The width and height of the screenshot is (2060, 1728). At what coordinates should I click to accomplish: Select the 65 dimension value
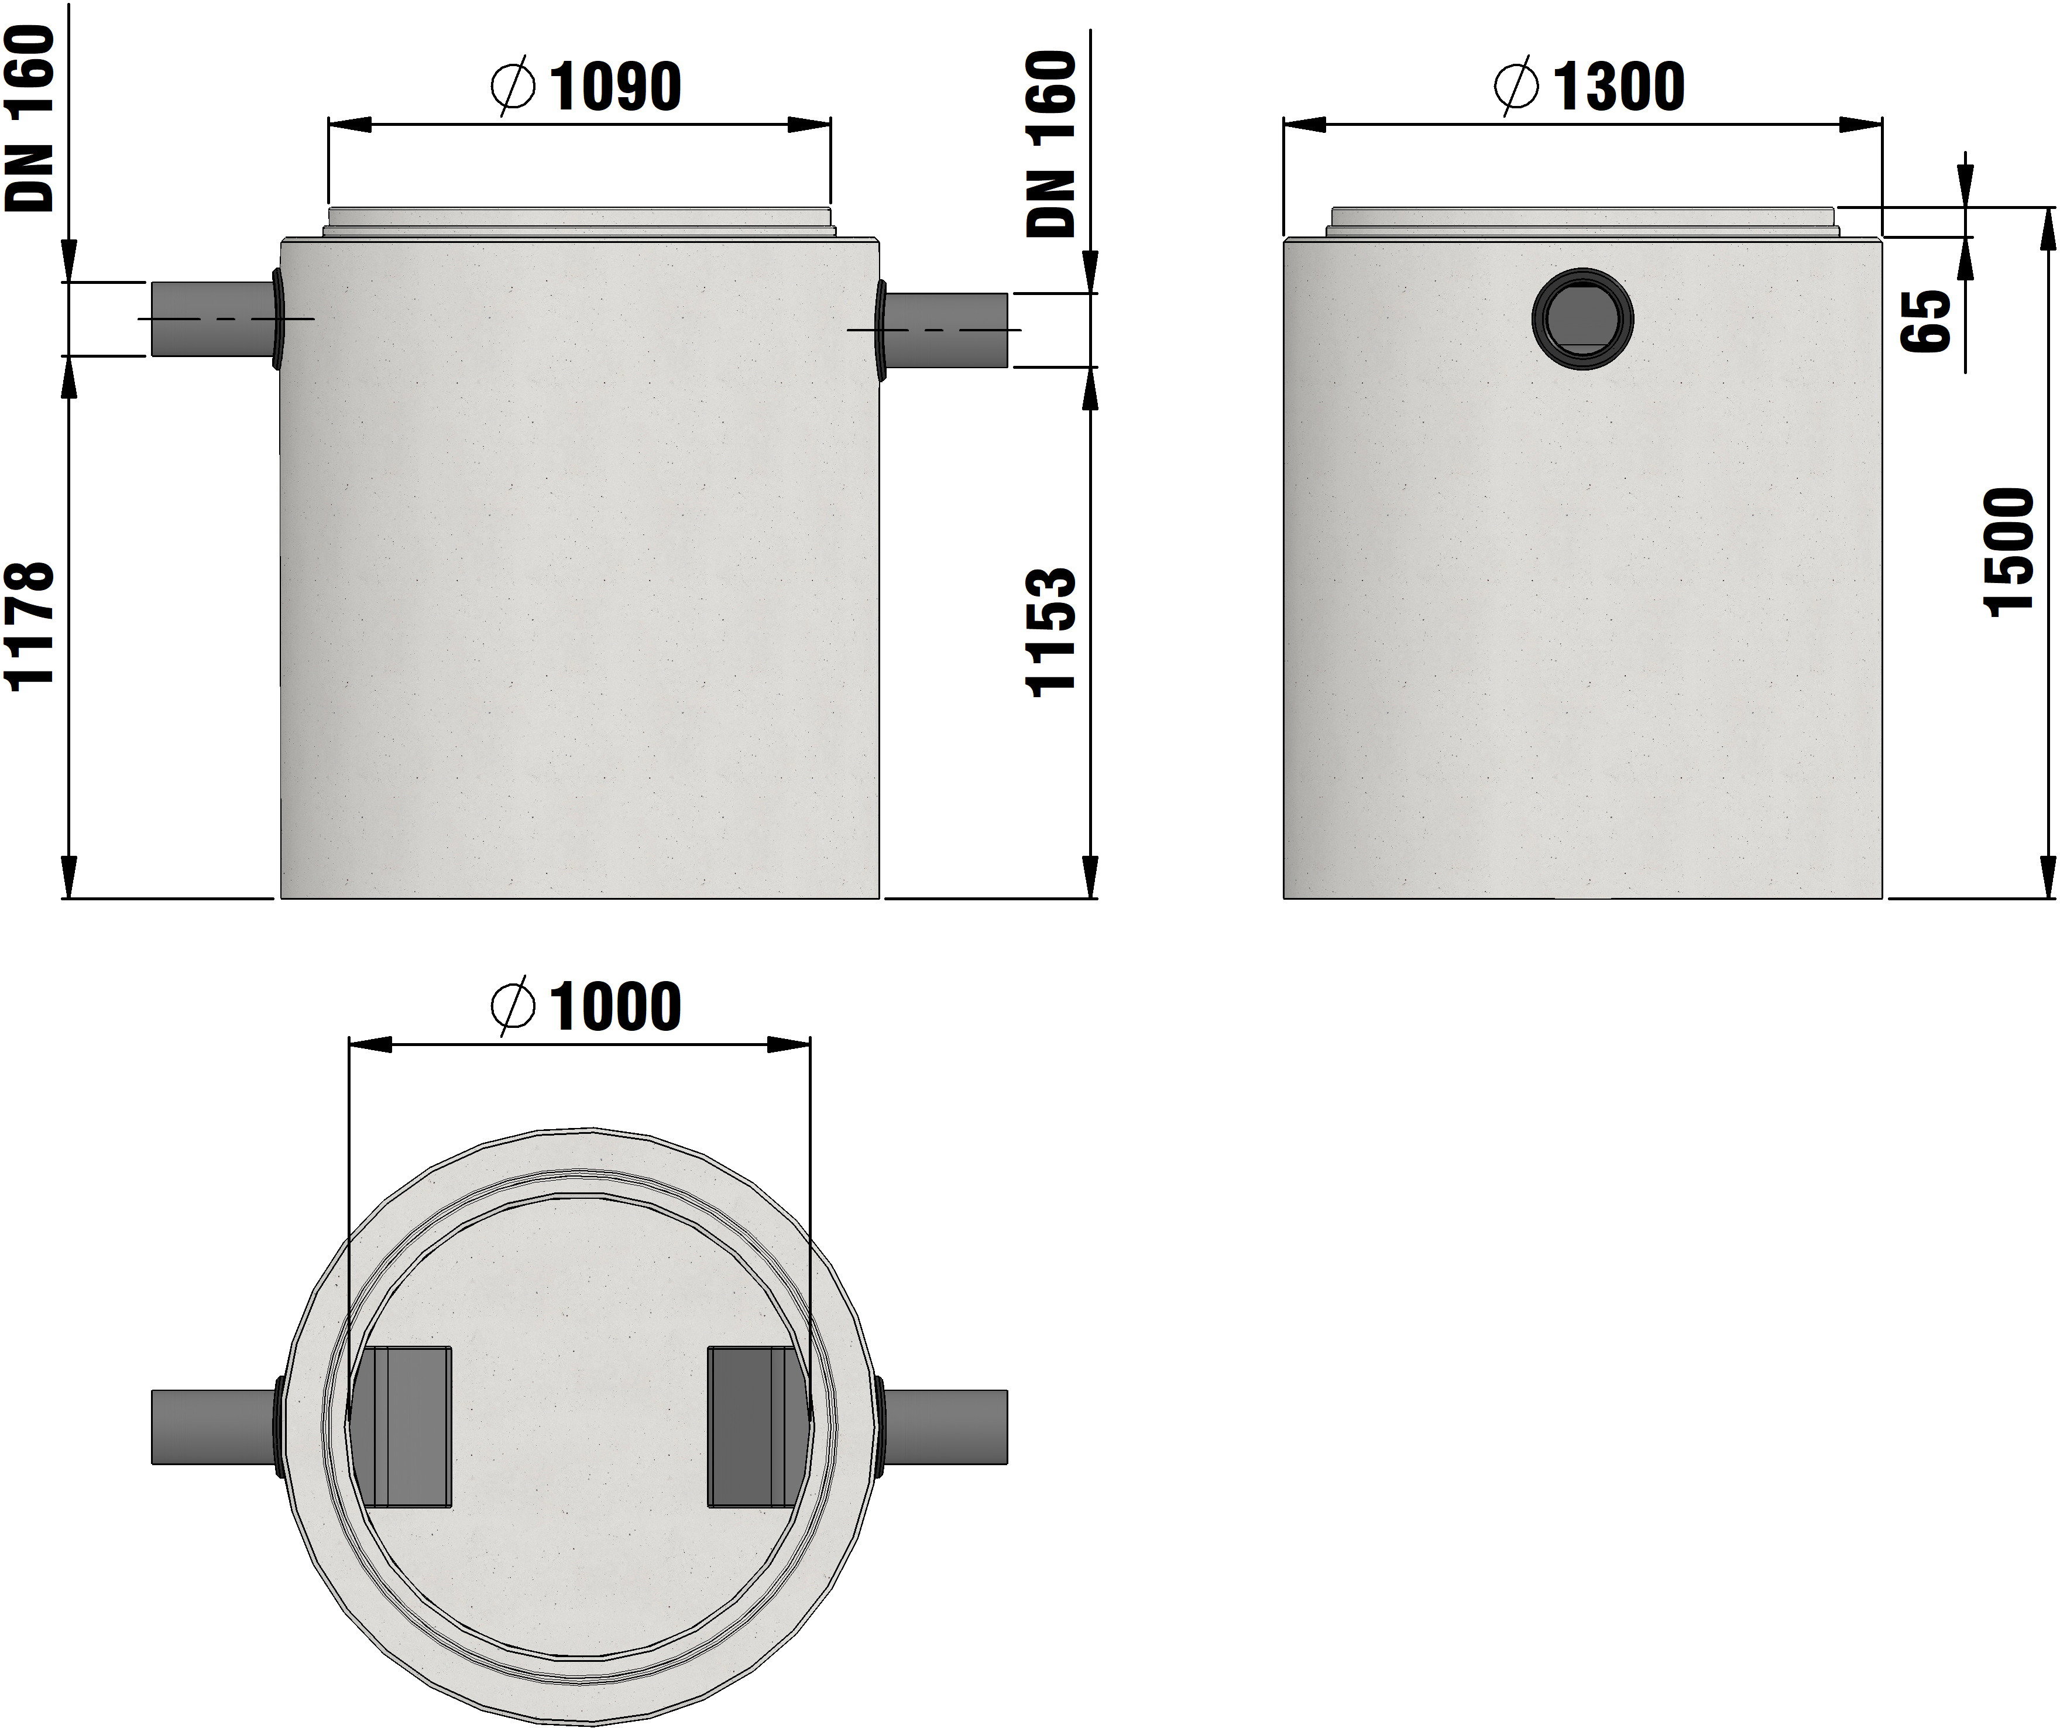(x=1925, y=320)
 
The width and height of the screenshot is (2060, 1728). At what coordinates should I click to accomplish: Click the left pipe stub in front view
(x=212, y=319)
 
